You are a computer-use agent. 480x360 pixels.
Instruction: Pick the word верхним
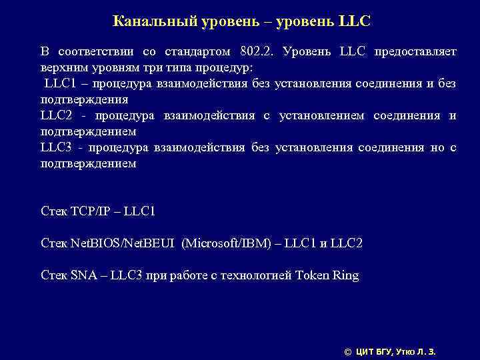(64, 67)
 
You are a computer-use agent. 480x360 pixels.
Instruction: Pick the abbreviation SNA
(81, 275)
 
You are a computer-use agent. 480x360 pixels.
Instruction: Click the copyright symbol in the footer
(347, 351)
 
